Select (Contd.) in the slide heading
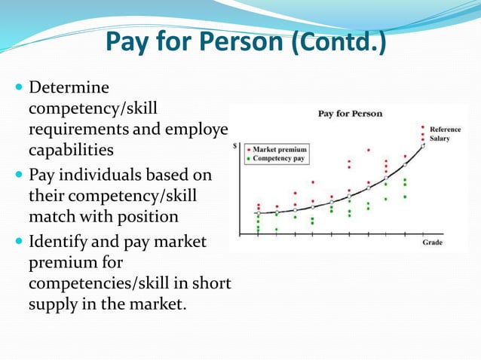339,43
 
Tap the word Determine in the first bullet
69,89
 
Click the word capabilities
71,148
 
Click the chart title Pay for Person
350,114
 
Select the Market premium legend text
280,149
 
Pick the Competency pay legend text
279,159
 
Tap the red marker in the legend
247,149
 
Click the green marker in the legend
247,159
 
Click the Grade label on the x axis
432,243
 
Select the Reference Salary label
445,134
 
